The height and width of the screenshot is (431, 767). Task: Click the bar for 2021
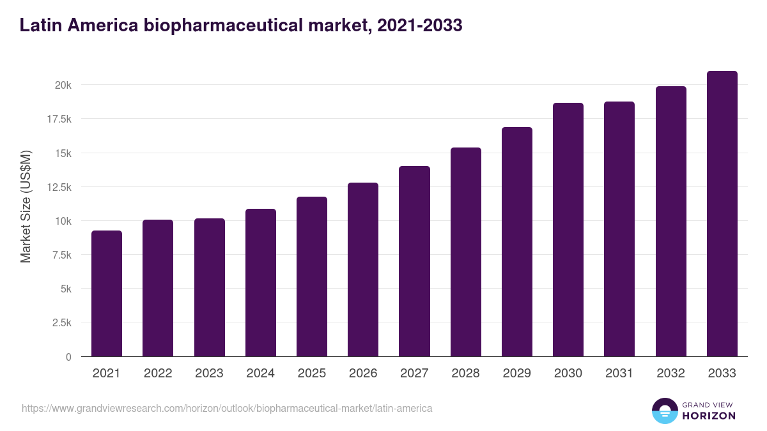(x=107, y=294)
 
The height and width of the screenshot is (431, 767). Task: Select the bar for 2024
(x=261, y=283)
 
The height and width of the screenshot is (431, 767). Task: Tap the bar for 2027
(x=414, y=261)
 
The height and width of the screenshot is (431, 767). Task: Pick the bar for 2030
(x=568, y=230)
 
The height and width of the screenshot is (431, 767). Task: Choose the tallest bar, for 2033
(x=722, y=214)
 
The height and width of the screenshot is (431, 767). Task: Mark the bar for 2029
(x=517, y=242)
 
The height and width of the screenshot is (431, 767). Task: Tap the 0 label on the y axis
(x=68, y=357)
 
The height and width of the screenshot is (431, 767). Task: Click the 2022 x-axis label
(x=158, y=374)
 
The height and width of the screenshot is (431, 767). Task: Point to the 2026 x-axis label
(x=363, y=374)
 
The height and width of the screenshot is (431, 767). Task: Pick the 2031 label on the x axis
(x=619, y=374)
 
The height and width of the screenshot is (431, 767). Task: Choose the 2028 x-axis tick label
(x=465, y=374)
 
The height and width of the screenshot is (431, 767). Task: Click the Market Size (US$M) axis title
(x=26, y=206)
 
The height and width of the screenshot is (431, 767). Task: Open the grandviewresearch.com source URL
(x=227, y=408)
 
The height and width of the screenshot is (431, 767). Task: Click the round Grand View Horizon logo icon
(x=665, y=411)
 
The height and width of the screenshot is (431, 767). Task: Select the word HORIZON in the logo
(x=709, y=416)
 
